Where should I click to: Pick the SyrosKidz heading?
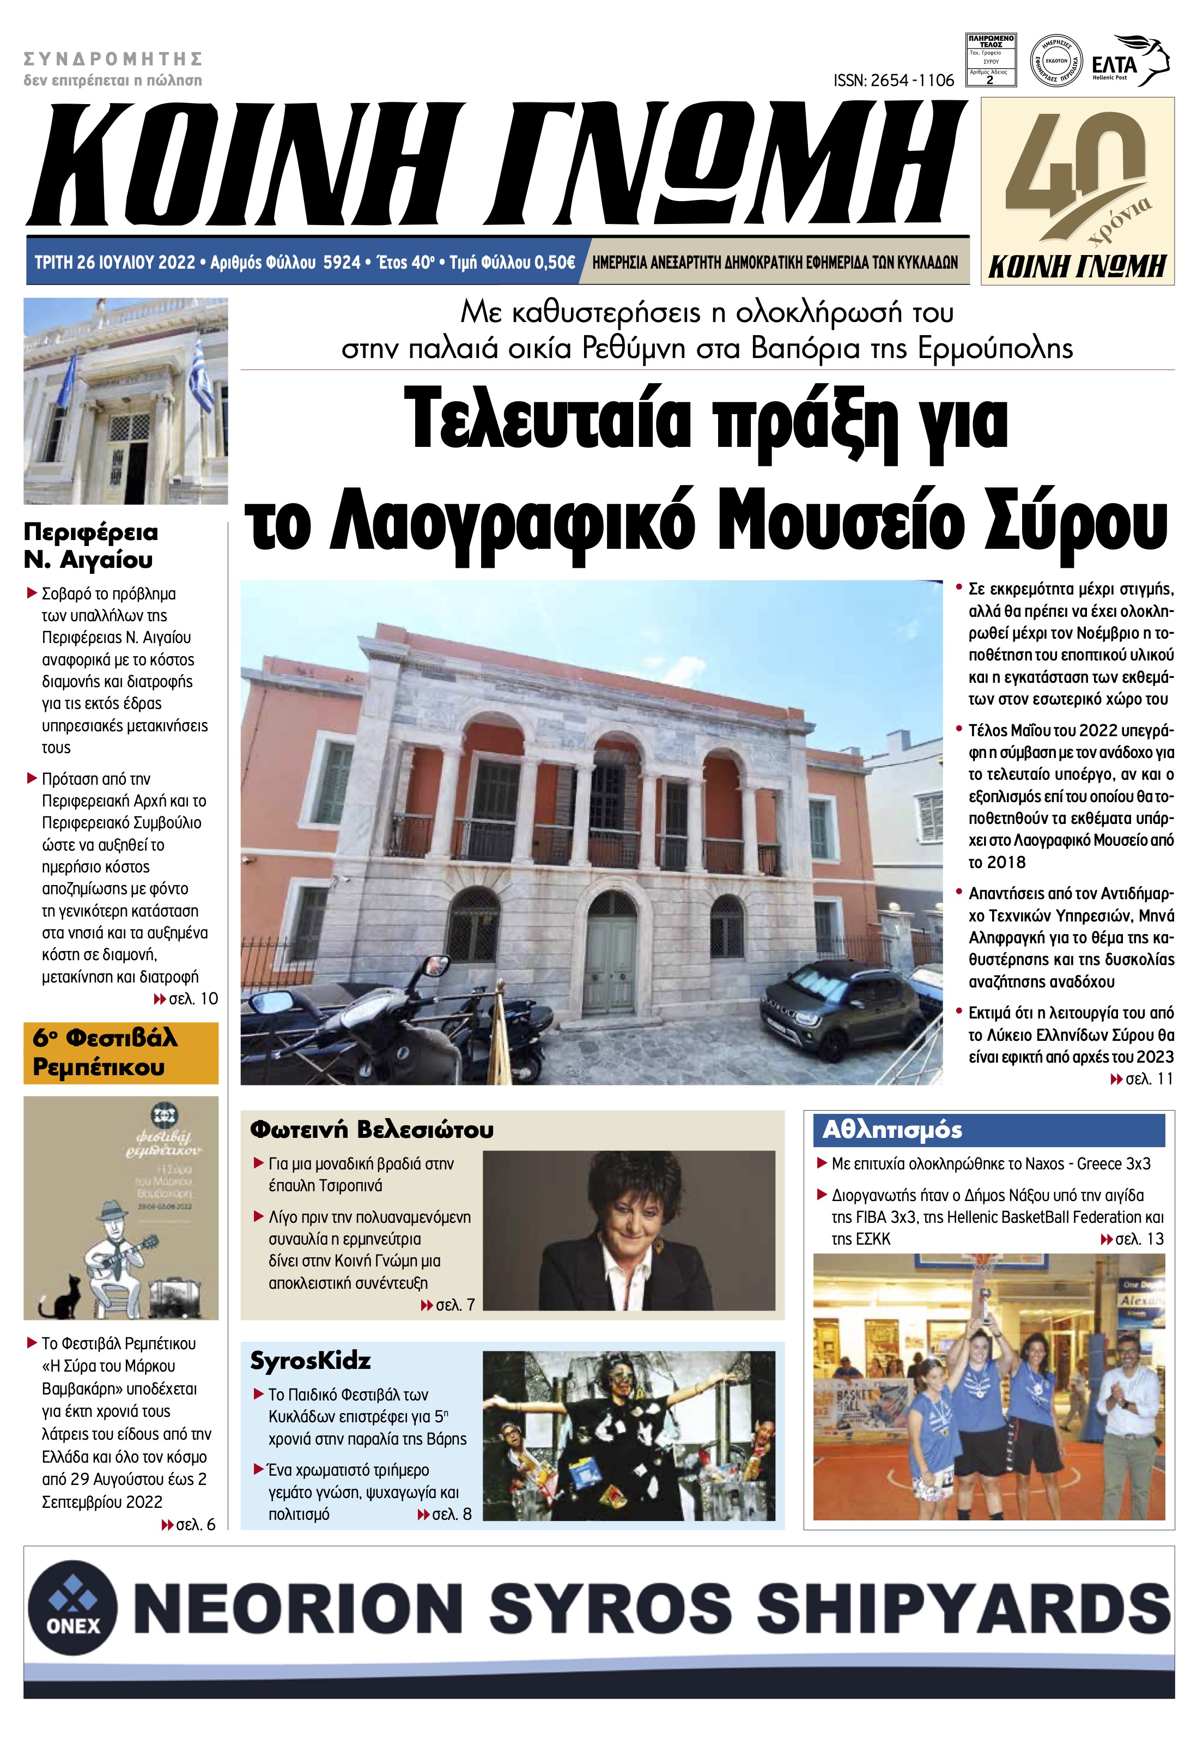[x=311, y=1361]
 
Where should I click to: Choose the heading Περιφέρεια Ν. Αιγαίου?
[x=90, y=546]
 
